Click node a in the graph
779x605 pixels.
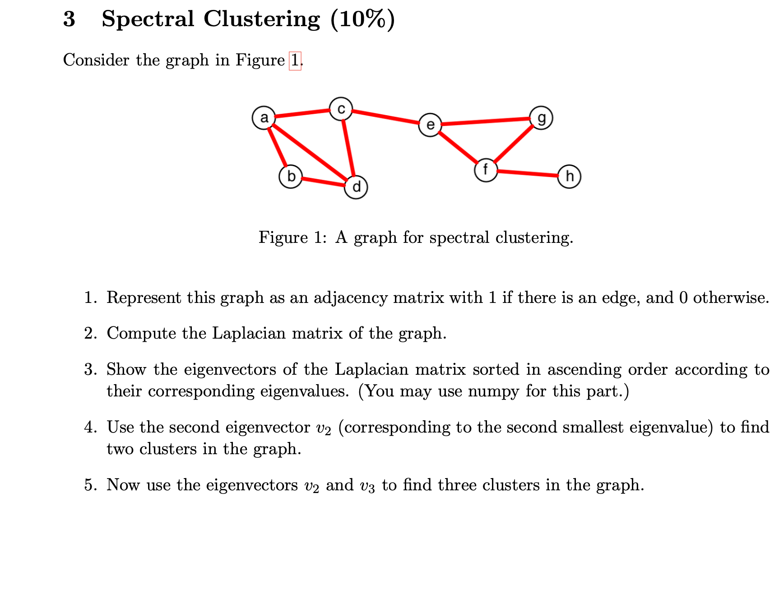pyautogui.click(x=264, y=118)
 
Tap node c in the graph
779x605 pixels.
pyautogui.click(x=341, y=109)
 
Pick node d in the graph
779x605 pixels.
pyautogui.click(x=356, y=187)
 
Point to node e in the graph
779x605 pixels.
pyautogui.click(x=430, y=125)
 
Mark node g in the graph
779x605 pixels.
pyautogui.click(x=541, y=118)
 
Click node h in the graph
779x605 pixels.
pyautogui.click(x=569, y=176)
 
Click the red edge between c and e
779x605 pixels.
pyautogui.click(x=385, y=116)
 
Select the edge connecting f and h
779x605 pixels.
pyautogui.click(x=527, y=173)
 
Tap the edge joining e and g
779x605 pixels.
pyautogui.click(x=486, y=121)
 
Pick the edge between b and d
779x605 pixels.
pyautogui.click(x=323, y=182)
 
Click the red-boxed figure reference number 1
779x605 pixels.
pyautogui.click(x=295, y=60)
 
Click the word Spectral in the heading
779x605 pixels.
pyautogui.click(x=148, y=19)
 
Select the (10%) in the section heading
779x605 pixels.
pyautogui.click(x=362, y=19)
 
